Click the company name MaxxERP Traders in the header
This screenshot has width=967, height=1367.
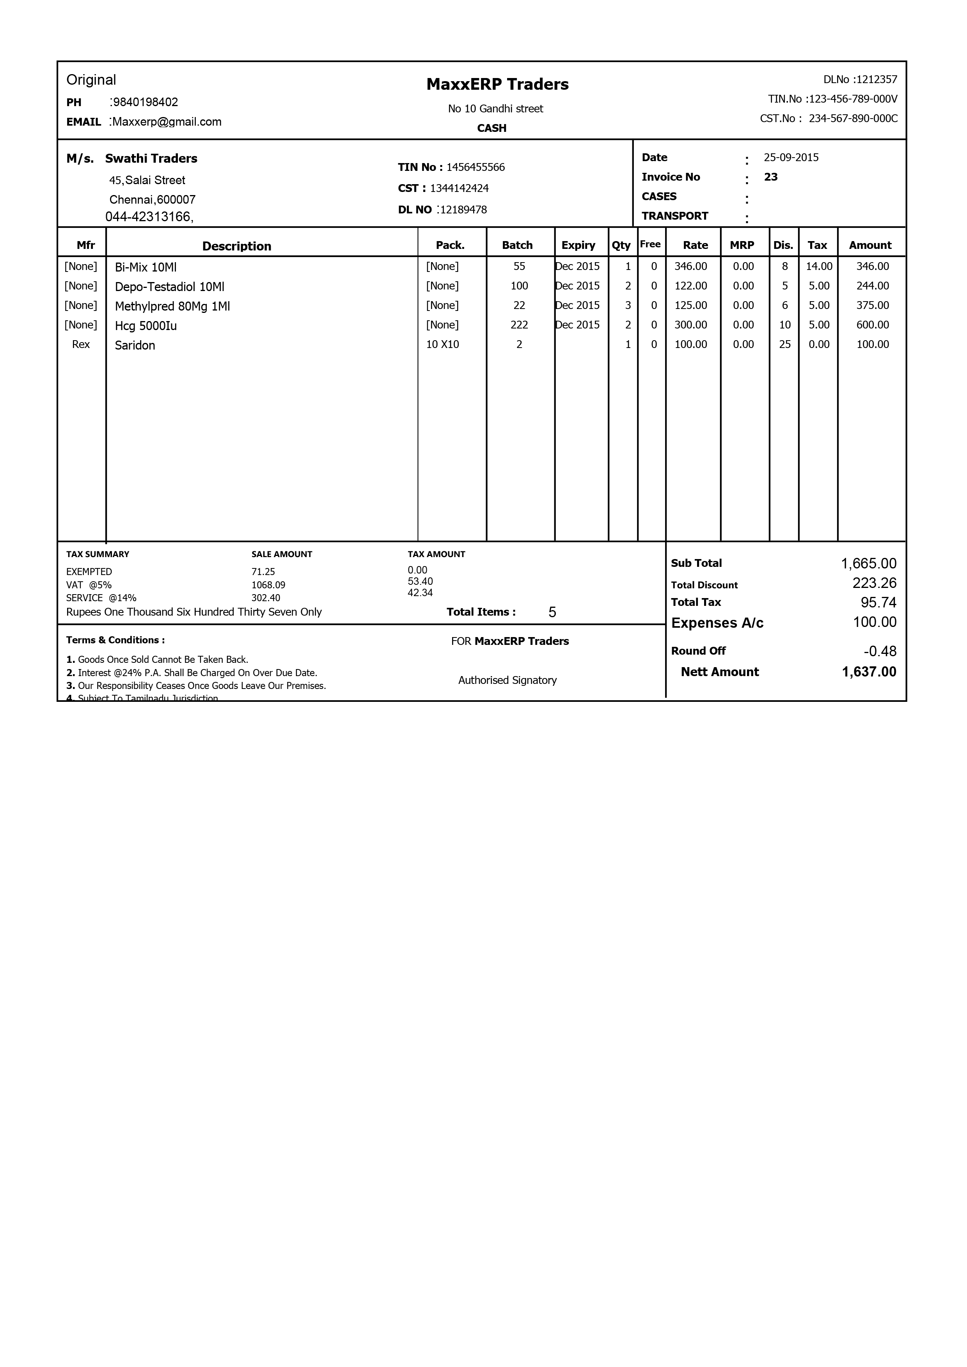[497, 85]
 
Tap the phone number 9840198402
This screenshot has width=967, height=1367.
[145, 102]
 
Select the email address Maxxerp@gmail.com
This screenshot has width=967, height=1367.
[167, 122]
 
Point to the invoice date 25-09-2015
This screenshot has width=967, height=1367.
[791, 158]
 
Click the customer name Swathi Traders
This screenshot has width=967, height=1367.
[151, 158]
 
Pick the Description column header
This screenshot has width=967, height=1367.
[236, 246]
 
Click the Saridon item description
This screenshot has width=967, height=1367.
[135, 345]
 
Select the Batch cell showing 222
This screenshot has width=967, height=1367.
[519, 325]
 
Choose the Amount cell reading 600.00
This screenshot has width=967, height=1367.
[872, 325]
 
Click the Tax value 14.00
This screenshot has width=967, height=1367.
[819, 267]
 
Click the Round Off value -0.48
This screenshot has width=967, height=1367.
[880, 652]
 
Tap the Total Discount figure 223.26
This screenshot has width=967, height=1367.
[874, 584]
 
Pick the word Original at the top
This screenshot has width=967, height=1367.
[91, 80]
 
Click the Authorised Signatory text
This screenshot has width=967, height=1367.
[507, 680]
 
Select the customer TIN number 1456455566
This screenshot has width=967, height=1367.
[475, 167]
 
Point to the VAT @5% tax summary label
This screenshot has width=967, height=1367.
[89, 585]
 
